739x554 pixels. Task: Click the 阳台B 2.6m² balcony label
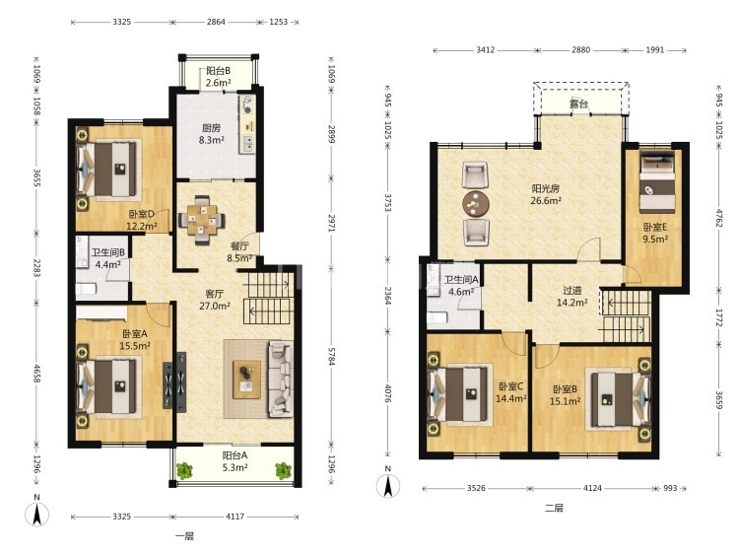pyautogui.click(x=218, y=77)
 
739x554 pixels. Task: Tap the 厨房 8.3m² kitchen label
pyautogui.click(x=211, y=134)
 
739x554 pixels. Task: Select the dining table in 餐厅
pyautogui.click(x=202, y=220)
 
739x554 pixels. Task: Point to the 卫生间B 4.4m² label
pyautogui.click(x=108, y=258)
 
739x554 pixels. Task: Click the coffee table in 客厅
pyautogui.click(x=246, y=380)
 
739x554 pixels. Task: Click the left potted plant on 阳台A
pyautogui.click(x=184, y=471)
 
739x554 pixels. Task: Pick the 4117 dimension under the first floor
pyautogui.click(x=235, y=517)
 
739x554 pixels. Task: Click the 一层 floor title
pyautogui.click(x=184, y=536)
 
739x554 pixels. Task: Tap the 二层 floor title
pyautogui.click(x=554, y=508)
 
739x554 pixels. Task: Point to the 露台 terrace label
pyautogui.click(x=578, y=104)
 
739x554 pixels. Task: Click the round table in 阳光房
pyautogui.click(x=476, y=204)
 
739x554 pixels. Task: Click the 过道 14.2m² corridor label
pyautogui.click(x=572, y=297)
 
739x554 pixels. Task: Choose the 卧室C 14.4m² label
pyautogui.click(x=510, y=392)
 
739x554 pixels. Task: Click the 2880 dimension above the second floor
pyautogui.click(x=580, y=49)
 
